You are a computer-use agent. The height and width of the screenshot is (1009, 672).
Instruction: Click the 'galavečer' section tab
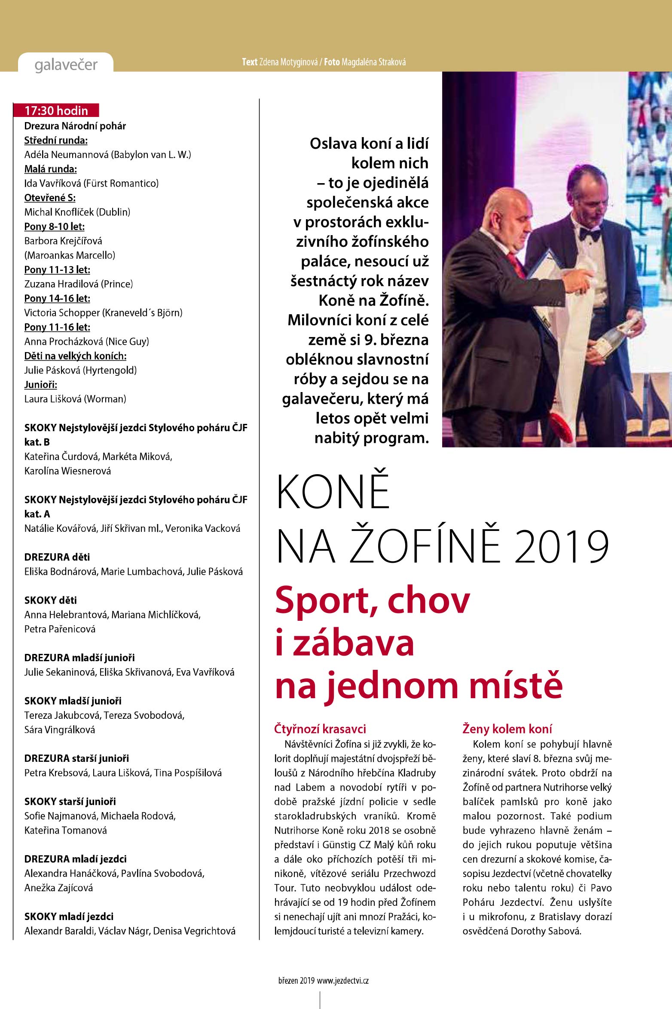(66, 64)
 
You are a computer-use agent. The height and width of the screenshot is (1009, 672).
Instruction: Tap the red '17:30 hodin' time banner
(56, 110)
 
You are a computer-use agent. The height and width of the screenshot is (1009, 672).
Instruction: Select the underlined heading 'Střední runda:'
(56, 140)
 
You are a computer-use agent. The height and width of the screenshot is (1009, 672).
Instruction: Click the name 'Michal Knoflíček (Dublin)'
(77, 212)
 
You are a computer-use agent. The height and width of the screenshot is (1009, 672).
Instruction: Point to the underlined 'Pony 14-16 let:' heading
(57, 298)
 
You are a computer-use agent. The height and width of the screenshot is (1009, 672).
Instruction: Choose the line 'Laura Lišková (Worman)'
(75, 399)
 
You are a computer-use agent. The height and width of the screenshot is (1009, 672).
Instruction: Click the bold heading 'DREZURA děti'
(57, 557)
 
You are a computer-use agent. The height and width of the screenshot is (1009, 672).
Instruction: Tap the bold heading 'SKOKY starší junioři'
(70, 801)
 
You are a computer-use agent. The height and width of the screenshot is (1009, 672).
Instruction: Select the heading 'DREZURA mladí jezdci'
(75, 859)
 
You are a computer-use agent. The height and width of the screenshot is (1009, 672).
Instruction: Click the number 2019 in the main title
(562, 547)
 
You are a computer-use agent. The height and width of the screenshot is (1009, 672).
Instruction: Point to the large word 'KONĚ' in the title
(333, 492)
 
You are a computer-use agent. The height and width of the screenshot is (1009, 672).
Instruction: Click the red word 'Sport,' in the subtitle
(327, 600)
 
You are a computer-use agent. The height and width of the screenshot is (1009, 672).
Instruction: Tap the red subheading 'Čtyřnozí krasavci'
(320, 729)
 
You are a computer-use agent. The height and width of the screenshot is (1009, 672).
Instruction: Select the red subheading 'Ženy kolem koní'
(507, 729)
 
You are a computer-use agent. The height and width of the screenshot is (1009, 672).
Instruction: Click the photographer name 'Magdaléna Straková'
(373, 62)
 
